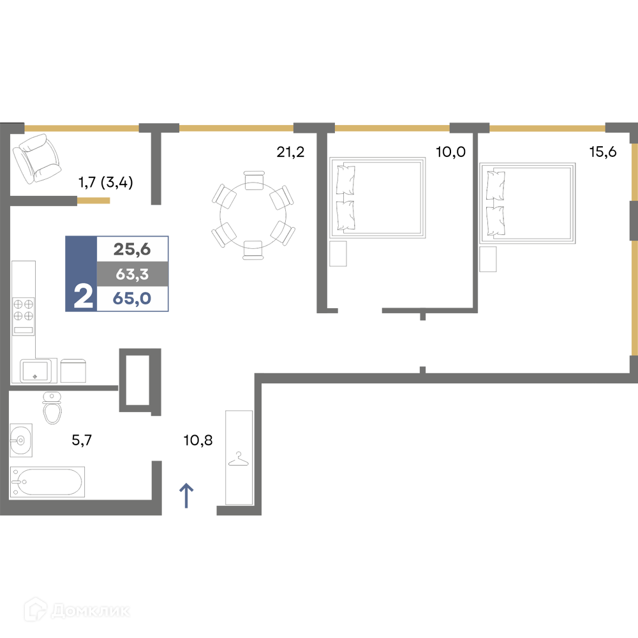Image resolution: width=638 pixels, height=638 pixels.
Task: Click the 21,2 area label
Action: tap(290, 152)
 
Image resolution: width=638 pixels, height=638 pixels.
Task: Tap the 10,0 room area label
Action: tap(450, 152)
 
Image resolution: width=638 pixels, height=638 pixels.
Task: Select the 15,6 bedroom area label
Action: tap(603, 152)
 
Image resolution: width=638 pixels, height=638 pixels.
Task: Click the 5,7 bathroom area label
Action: tap(82, 440)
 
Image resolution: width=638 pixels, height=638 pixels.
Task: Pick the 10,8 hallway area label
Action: tap(198, 440)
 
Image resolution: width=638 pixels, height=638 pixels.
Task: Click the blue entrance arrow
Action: tap(186, 496)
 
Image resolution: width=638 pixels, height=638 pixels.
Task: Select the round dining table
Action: tap(253, 215)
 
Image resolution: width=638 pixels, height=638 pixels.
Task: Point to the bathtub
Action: tap(47, 482)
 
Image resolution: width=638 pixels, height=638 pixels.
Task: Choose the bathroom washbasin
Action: tap(21, 440)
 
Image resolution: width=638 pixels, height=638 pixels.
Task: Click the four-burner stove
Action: tap(23, 316)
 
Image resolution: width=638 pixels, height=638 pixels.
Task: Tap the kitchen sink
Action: tap(35, 371)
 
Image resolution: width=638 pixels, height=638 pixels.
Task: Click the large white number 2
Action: tap(84, 297)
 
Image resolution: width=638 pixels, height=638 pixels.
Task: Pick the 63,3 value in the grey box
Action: tap(132, 274)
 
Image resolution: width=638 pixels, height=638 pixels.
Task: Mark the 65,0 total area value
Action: tap(132, 299)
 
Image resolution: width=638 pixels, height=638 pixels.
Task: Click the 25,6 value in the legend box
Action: tap(132, 249)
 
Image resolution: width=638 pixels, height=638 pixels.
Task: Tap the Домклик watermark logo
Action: tap(77, 611)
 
